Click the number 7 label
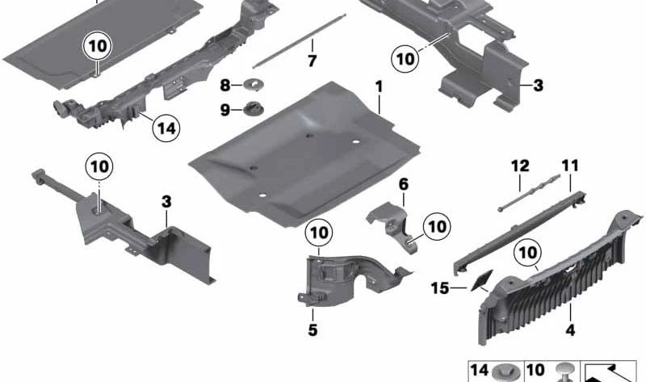coord(312,62)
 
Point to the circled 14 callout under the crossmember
coord(166,127)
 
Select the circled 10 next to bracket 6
coord(436,226)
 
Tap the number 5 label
coord(312,330)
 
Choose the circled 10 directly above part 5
coord(319,233)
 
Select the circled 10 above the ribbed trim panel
coord(527,253)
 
